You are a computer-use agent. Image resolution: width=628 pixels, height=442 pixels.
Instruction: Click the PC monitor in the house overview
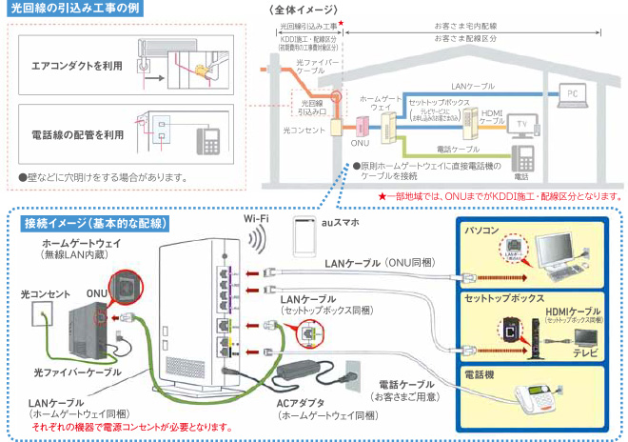click(572, 94)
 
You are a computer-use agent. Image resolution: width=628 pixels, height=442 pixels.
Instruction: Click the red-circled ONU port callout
click(124, 289)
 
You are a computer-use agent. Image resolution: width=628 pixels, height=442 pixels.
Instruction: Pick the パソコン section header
click(482, 231)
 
